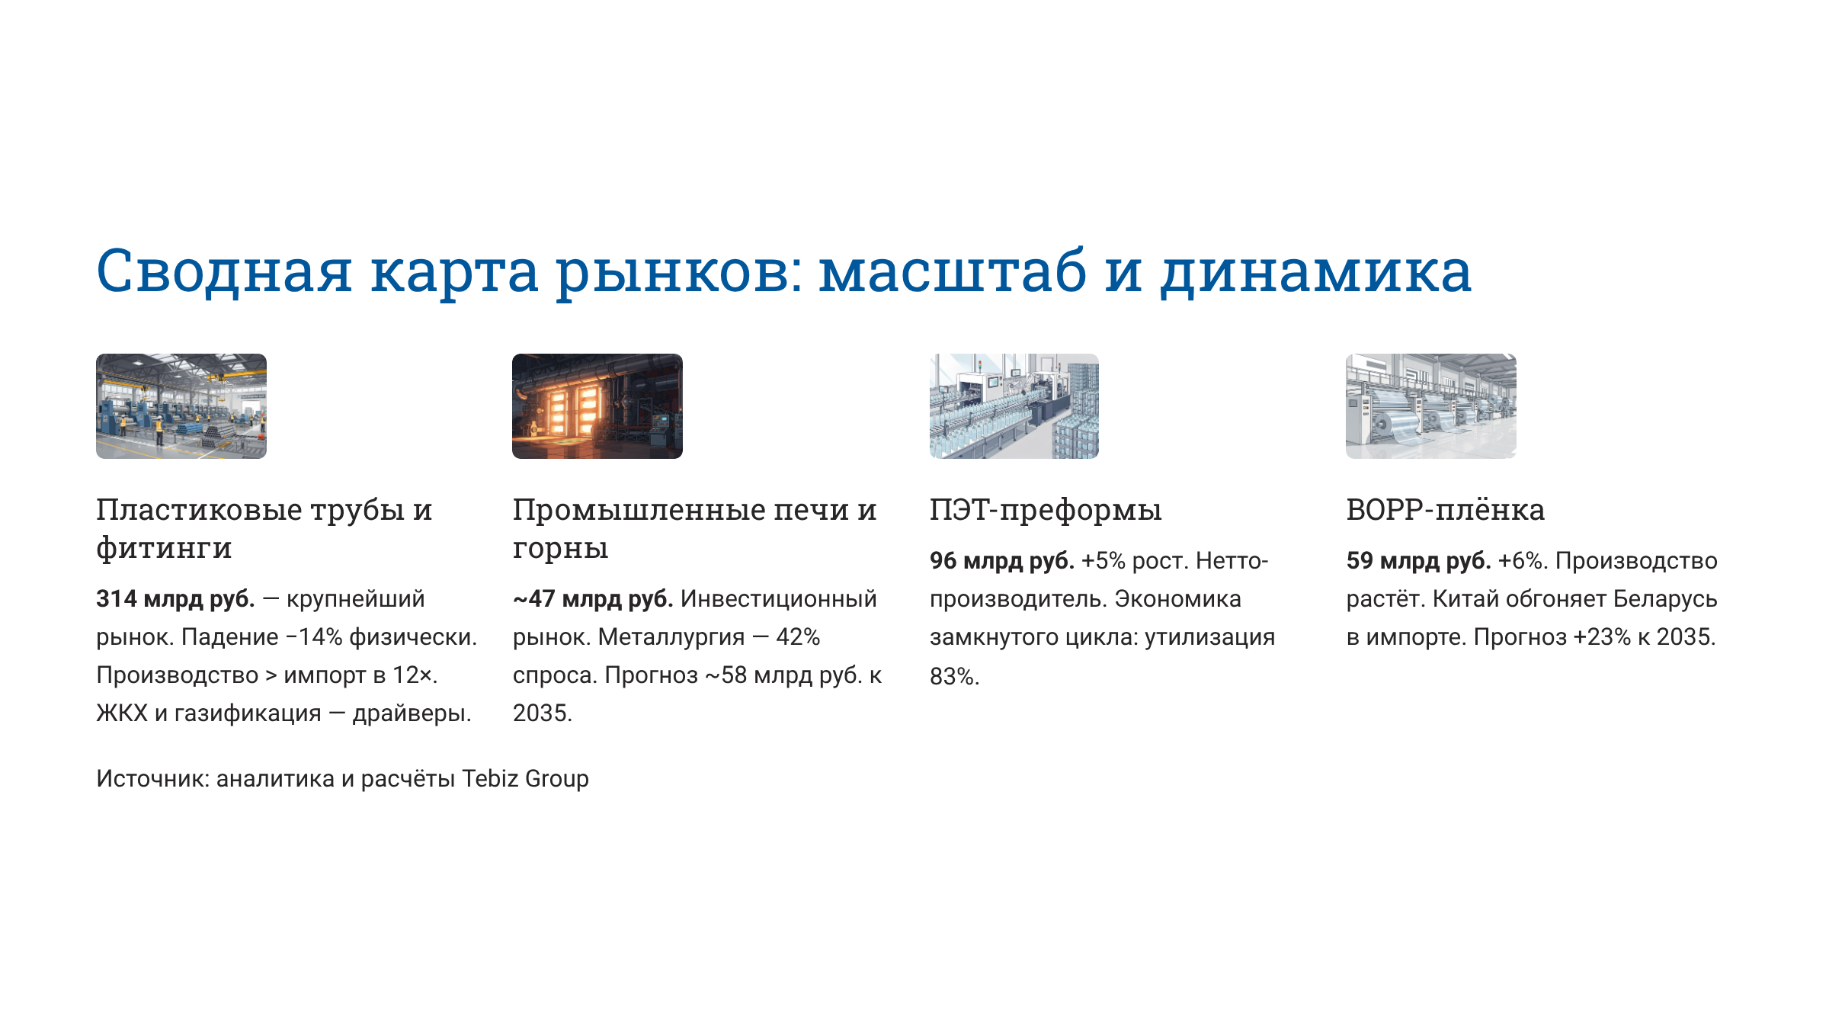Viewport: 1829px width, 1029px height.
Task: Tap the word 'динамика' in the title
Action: tap(1315, 272)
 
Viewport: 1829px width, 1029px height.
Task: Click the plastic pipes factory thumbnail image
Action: tap(181, 406)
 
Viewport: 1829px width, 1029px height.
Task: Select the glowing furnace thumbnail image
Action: tap(597, 406)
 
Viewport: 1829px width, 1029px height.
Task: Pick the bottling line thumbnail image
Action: tap(1014, 406)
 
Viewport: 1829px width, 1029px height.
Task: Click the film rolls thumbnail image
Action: tap(1430, 406)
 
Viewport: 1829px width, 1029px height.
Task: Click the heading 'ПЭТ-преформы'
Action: tap(1045, 510)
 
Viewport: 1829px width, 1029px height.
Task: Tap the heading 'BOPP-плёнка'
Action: tap(1445, 510)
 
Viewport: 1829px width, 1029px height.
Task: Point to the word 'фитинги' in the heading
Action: tap(164, 548)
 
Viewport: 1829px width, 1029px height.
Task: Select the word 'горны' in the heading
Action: tap(560, 548)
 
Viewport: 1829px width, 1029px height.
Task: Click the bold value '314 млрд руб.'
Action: tap(175, 599)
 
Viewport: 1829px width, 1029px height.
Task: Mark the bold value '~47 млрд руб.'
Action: tap(592, 599)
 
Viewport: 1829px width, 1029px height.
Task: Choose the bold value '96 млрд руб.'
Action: tap(1001, 561)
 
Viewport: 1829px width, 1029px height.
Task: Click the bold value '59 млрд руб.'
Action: tap(1418, 561)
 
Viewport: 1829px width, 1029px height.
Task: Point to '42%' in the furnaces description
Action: tap(798, 637)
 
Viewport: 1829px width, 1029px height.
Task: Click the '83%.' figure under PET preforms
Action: tap(954, 677)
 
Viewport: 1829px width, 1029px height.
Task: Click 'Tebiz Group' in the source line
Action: tap(525, 779)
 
